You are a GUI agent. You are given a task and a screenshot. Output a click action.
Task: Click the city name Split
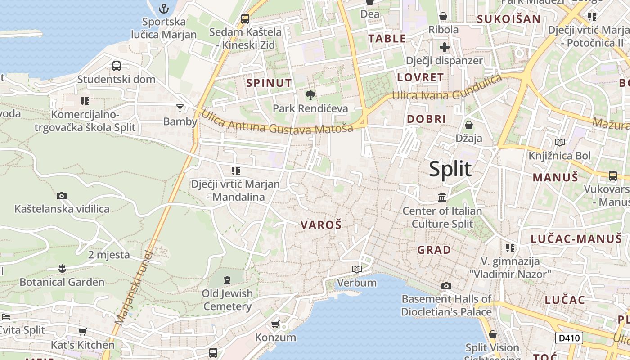(x=450, y=169)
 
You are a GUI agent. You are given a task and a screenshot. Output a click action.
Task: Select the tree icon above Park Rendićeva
(x=310, y=95)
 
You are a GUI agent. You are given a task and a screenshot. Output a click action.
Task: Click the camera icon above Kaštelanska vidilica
(x=62, y=196)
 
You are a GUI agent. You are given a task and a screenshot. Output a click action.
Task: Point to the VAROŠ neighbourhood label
(x=321, y=225)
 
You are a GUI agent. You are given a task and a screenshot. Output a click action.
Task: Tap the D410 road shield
(x=569, y=338)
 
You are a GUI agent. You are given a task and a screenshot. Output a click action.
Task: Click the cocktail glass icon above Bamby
(x=180, y=108)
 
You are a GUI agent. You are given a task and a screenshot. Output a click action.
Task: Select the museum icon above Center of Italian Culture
(x=442, y=197)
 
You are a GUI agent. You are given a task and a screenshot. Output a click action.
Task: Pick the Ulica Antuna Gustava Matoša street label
(x=277, y=122)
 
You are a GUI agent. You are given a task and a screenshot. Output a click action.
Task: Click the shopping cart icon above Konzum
(x=275, y=324)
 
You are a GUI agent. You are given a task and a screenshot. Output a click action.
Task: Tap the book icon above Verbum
(x=357, y=269)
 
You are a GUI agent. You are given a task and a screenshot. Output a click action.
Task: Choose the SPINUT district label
(x=269, y=83)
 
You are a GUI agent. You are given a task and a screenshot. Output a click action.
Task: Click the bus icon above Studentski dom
(x=117, y=66)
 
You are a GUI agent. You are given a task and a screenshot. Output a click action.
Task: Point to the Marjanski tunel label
(x=134, y=288)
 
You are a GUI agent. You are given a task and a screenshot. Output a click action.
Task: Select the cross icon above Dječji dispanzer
(x=445, y=47)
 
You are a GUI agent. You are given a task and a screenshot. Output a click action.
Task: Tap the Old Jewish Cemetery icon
(x=227, y=280)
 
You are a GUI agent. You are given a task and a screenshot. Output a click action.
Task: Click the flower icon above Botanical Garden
(x=62, y=269)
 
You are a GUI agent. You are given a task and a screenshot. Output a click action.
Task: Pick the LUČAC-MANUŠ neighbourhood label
(x=576, y=239)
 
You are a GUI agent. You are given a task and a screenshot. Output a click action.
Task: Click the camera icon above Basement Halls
(x=446, y=286)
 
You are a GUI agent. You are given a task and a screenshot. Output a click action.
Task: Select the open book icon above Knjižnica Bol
(x=560, y=143)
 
